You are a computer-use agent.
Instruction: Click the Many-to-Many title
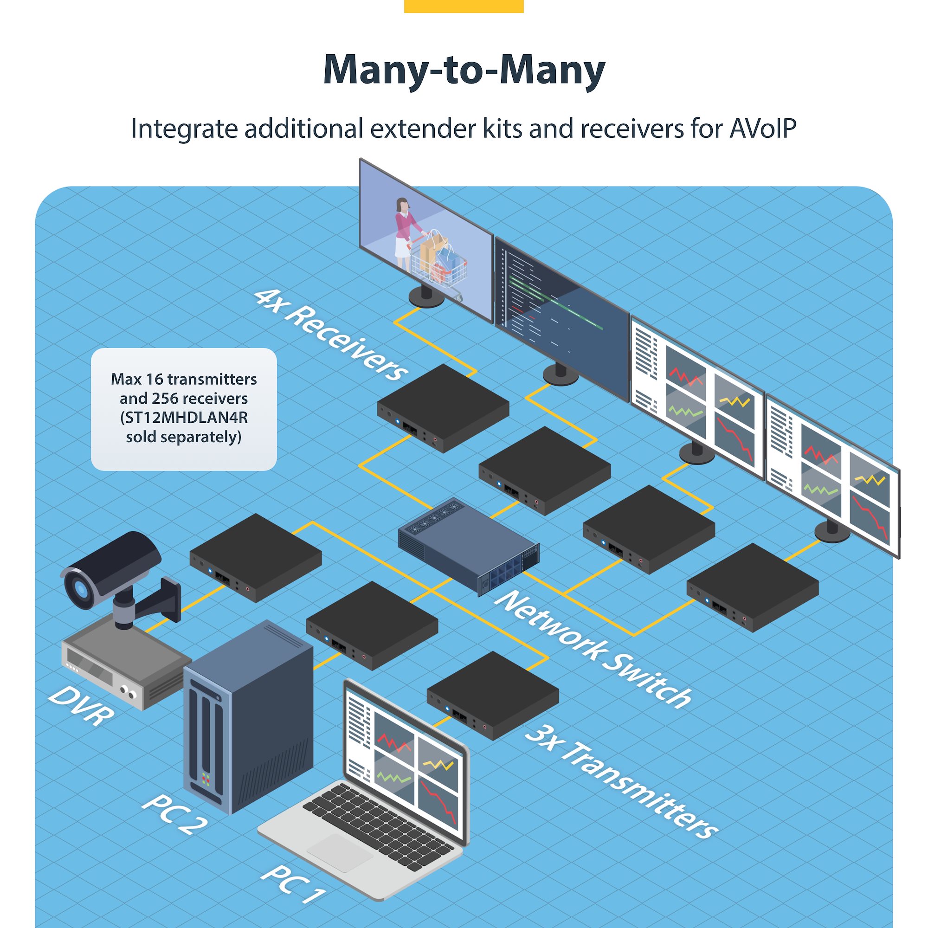[464, 71]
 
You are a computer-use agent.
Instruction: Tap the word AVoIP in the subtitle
[763, 129]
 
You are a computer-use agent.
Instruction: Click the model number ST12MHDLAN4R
[184, 418]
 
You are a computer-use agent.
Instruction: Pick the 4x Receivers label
[331, 335]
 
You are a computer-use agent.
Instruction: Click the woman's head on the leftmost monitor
[401, 205]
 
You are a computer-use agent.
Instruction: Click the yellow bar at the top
[464, 6]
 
